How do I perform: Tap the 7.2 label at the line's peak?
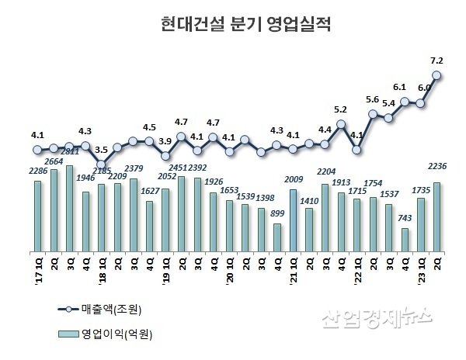[x=436, y=59]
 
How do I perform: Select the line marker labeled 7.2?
[x=437, y=75]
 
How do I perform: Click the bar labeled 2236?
[x=437, y=217]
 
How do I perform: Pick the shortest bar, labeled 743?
[x=405, y=241]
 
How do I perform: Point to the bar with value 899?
[x=276, y=238]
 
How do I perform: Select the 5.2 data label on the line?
[x=340, y=109]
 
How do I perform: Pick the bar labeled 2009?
[x=293, y=221]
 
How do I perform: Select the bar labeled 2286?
[x=37, y=216]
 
